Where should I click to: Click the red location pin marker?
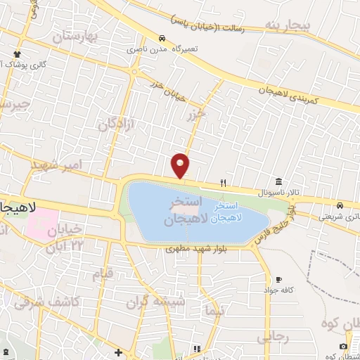click(181, 165)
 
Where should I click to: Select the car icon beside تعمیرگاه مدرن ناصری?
click(162, 38)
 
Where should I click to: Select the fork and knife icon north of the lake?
click(224, 183)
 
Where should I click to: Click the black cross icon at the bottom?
click(118, 352)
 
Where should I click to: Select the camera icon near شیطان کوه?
click(342, 346)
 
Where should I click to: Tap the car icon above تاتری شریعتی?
click(340, 205)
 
